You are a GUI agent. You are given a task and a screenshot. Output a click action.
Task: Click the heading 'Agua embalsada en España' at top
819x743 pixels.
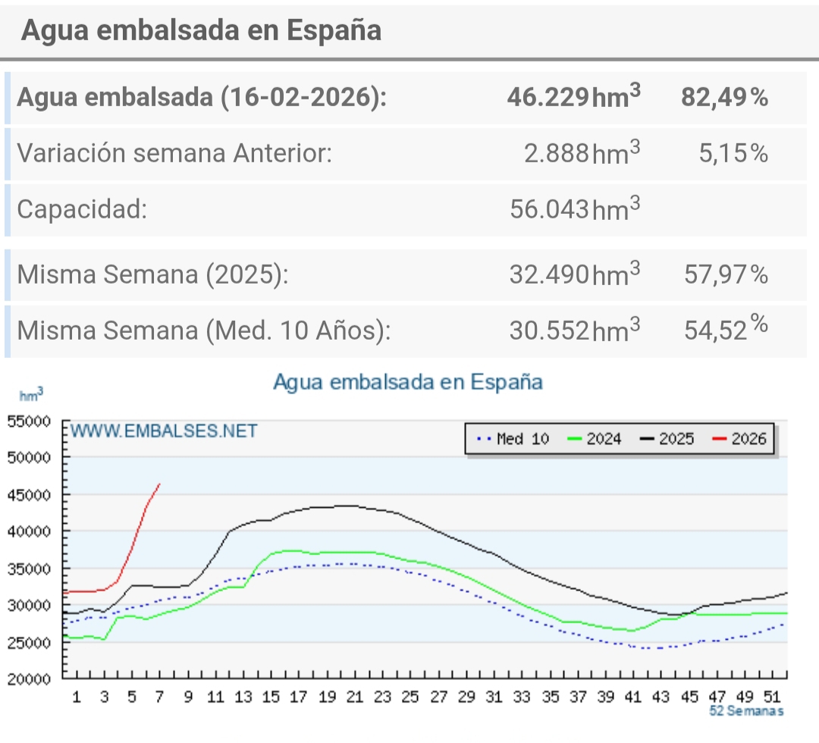click(x=201, y=30)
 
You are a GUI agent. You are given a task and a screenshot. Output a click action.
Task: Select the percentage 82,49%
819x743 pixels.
click(x=724, y=97)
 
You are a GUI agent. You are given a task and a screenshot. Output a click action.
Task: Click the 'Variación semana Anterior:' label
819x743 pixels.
click(x=174, y=153)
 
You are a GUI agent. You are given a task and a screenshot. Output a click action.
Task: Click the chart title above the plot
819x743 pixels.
click(x=408, y=381)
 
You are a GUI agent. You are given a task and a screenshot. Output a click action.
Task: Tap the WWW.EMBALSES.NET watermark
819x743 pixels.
click(x=165, y=431)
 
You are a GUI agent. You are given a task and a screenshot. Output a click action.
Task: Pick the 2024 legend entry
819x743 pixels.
click(x=595, y=438)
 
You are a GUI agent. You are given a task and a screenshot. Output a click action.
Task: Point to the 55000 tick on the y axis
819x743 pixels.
click(x=28, y=422)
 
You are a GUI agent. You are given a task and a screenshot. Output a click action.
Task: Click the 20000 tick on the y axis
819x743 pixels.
click(x=28, y=679)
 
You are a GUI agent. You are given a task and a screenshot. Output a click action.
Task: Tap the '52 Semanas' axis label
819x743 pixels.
click(x=746, y=710)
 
